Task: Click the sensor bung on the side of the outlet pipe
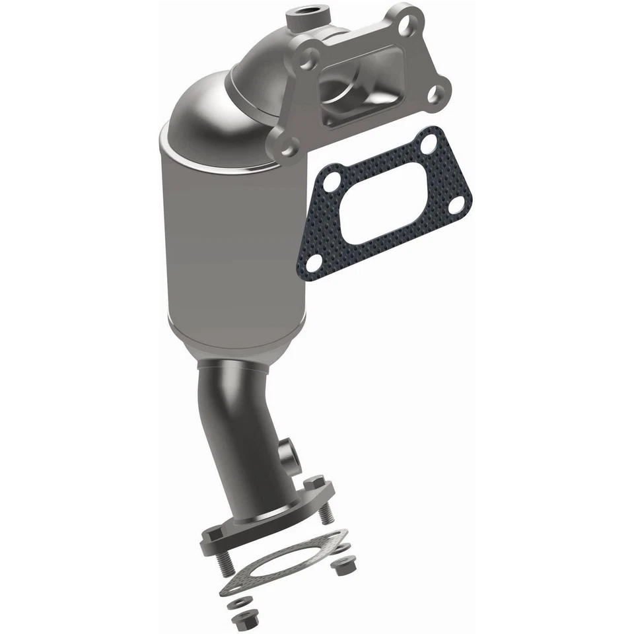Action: tap(289, 452)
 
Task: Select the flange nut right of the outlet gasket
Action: tap(343, 564)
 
